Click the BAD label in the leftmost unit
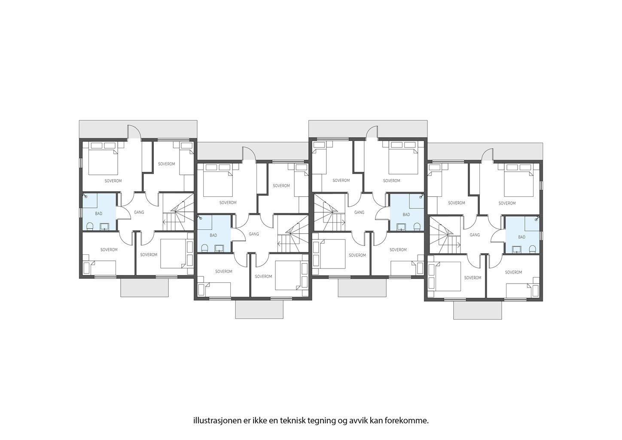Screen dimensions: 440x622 99,213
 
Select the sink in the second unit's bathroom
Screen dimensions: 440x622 219,248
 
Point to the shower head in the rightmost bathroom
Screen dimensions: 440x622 537,219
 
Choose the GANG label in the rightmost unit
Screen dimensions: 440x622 475,235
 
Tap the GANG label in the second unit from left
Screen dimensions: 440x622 254,234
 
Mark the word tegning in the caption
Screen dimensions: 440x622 321,421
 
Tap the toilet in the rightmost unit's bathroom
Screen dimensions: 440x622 533,248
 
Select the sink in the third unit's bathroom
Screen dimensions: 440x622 402,227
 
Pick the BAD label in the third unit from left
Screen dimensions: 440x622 406,214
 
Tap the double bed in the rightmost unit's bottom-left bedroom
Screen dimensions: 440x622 445,277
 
